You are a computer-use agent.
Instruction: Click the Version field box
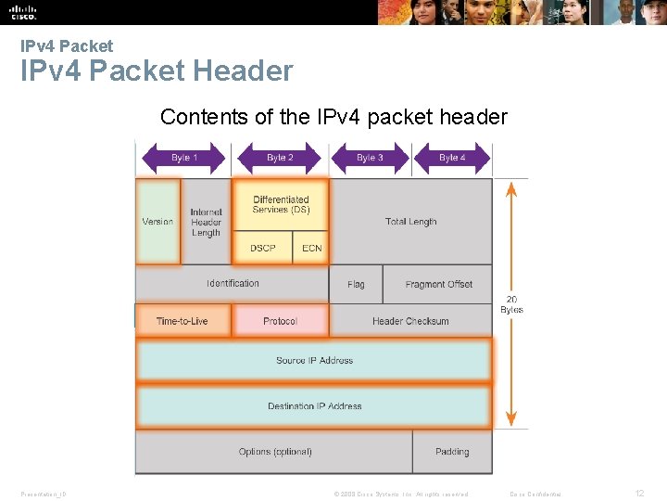click(157, 222)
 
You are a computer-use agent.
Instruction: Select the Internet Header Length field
click(206, 223)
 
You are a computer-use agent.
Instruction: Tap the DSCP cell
click(263, 248)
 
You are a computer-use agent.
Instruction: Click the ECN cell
click(311, 248)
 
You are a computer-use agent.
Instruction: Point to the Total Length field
click(410, 222)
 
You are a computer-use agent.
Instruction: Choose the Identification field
click(233, 283)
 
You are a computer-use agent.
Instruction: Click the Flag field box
click(356, 284)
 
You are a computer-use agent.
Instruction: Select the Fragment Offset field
click(438, 284)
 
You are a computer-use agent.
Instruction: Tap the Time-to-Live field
click(182, 321)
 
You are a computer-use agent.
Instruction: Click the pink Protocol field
click(280, 321)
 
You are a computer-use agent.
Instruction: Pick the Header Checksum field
click(410, 321)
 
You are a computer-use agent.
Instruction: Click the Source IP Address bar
click(314, 360)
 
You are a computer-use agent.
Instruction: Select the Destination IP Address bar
click(314, 406)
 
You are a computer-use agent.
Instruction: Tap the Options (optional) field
click(275, 452)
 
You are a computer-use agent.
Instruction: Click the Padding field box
click(452, 452)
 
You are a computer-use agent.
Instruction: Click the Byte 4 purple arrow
click(452, 158)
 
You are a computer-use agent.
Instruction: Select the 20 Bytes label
click(511, 304)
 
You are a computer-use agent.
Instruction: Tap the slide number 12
click(639, 494)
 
